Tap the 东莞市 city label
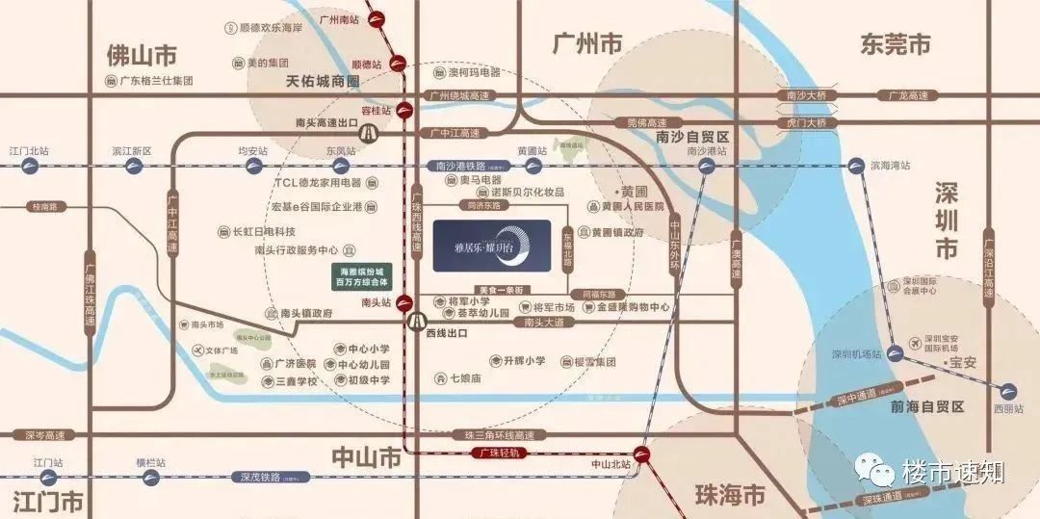(896, 43)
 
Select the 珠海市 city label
(730, 495)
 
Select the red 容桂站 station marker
(406, 111)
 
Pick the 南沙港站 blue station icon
(708, 166)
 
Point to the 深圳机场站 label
(857, 353)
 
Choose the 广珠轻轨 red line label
(499, 452)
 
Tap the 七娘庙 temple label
(464, 377)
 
